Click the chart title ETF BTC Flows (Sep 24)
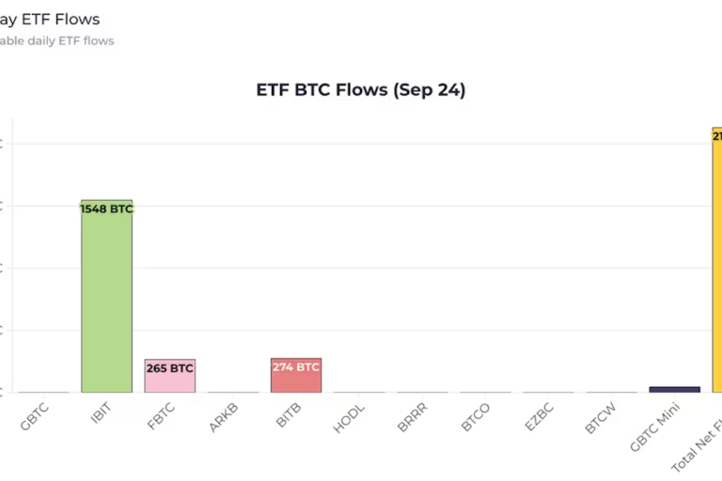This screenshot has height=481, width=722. [x=361, y=90]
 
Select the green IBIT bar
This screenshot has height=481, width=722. [x=106, y=301]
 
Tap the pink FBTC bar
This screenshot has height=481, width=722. [x=169, y=380]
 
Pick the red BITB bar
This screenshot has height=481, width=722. [x=296, y=380]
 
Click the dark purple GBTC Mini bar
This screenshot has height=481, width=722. [x=674, y=389]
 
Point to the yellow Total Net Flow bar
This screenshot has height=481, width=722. [x=716, y=263]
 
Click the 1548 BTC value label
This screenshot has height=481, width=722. [x=106, y=209]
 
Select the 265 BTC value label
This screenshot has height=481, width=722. [x=169, y=368]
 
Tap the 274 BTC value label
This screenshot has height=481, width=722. [x=296, y=367]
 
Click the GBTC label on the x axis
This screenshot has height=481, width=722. [x=36, y=417]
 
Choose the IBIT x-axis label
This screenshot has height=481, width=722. [x=101, y=415]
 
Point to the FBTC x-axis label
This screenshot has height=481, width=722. [x=162, y=417]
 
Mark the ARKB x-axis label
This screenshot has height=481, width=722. [x=225, y=417]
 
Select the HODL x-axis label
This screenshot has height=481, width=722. [x=350, y=418]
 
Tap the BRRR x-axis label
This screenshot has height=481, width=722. [x=413, y=418]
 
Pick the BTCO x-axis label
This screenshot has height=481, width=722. [x=476, y=418]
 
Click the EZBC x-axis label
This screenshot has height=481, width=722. [x=539, y=418]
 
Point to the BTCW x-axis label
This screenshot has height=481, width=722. [x=600, y=418]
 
